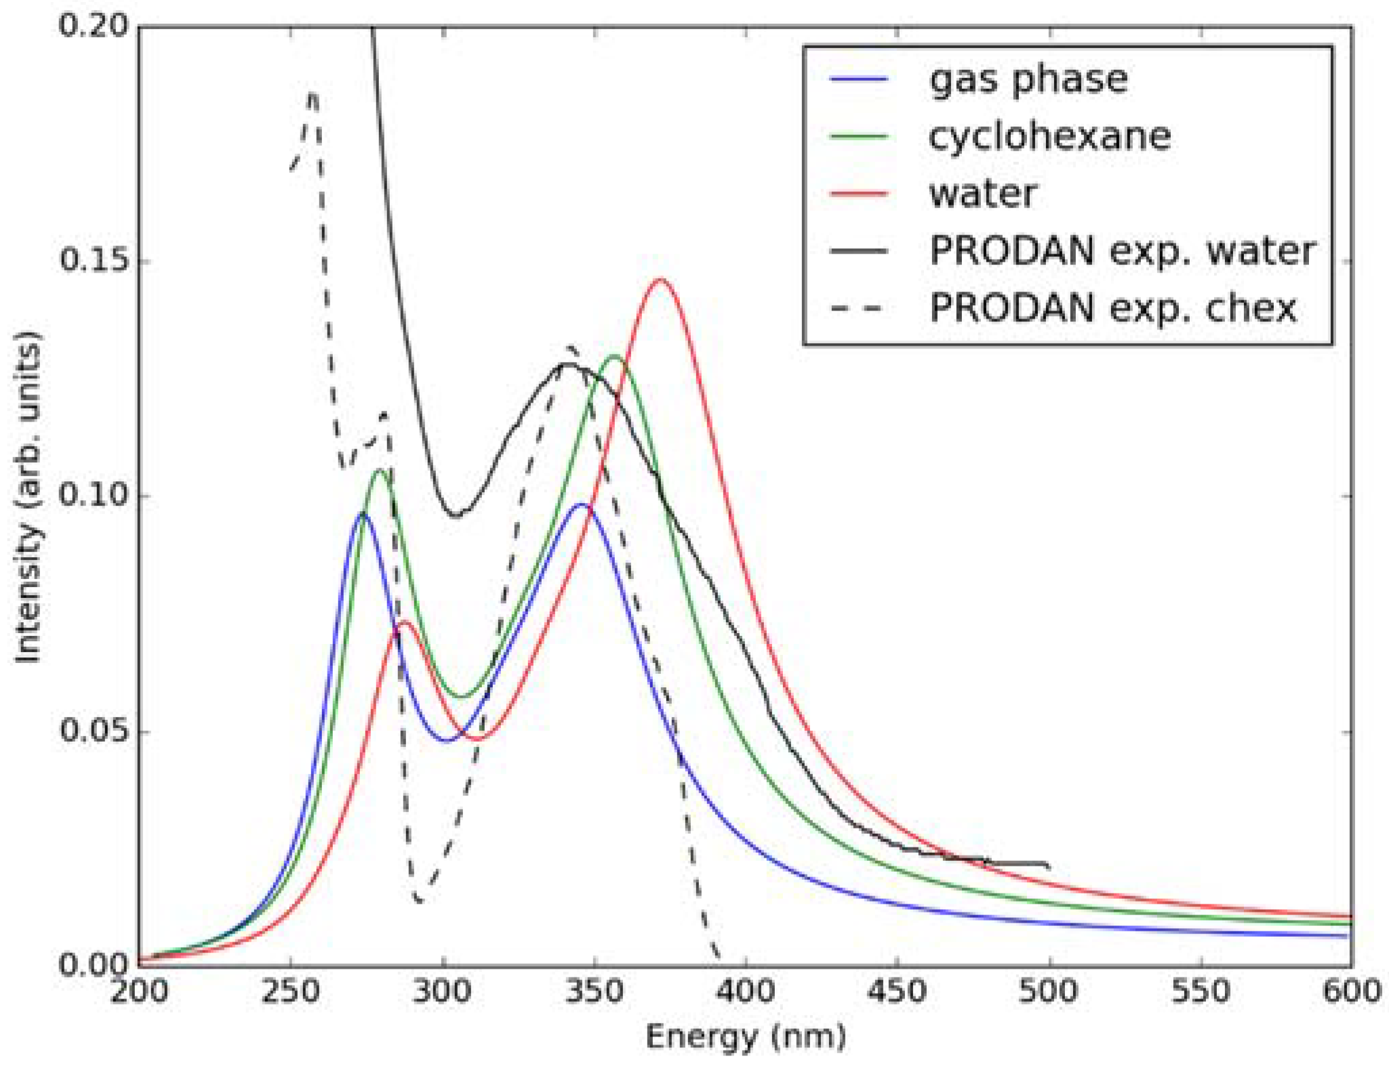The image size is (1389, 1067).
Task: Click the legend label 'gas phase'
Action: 1028,79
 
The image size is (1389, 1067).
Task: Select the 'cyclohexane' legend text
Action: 1049,136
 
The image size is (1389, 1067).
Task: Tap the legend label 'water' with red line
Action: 982,194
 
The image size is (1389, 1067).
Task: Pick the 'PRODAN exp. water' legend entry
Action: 1122,251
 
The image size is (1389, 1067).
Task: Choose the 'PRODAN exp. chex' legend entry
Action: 1112,309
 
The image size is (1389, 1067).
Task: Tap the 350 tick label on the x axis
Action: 595,992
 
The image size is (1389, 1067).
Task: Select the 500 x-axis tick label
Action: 1049,992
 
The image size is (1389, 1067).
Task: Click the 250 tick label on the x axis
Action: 291,992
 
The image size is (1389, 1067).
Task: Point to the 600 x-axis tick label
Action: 1351,992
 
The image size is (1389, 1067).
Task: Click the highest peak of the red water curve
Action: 660,279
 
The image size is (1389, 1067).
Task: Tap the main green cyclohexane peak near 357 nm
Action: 615,356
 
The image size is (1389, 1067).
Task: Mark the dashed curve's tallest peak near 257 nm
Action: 312,95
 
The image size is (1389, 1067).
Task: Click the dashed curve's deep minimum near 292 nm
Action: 419,902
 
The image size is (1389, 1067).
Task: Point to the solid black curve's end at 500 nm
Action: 1048,866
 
